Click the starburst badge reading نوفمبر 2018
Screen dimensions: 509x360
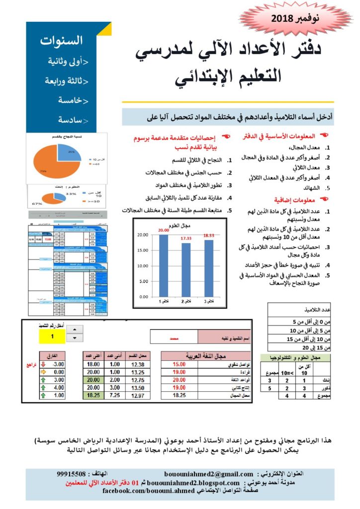[x=297, y=20]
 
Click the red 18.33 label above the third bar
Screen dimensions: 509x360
[x=208, y=236]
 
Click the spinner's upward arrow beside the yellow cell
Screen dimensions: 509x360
[x=75, y=330]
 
